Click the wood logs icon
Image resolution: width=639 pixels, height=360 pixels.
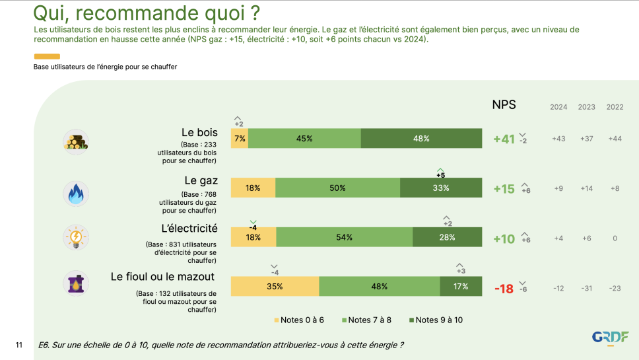click(x=76, y=141)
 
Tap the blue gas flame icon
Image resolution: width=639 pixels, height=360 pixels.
click(x=76, y=193)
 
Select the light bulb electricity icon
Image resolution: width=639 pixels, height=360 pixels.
click(x=76, y=237)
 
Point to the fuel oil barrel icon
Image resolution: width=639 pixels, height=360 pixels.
click(x=76, y=283)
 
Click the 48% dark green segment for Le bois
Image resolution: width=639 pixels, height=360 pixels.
click(x=421, y=139)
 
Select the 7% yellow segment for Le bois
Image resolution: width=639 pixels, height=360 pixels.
click(x=240, y=139)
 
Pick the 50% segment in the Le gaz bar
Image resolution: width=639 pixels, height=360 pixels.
click(x=337, y=188)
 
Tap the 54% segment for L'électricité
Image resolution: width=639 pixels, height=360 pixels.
click(x=344, y=237)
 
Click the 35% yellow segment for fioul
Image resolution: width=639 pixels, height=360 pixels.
click(x=275, y=287)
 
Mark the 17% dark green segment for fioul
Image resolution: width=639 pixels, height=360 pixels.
click(x=461, y=287)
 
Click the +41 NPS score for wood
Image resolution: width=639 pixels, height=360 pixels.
click(x=504, y=139)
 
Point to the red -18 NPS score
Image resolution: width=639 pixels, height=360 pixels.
click(x=504, y=289)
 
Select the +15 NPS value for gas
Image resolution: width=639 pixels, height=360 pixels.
click(x=504, y=189)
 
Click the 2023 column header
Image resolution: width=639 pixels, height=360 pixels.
click(x=586, y=107)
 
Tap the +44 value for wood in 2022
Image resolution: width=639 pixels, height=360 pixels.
click(x=615, y=139)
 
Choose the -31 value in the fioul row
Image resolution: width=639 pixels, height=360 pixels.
click(x=586, y=288)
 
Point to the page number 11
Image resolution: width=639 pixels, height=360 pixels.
click(x=19, y=345)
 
